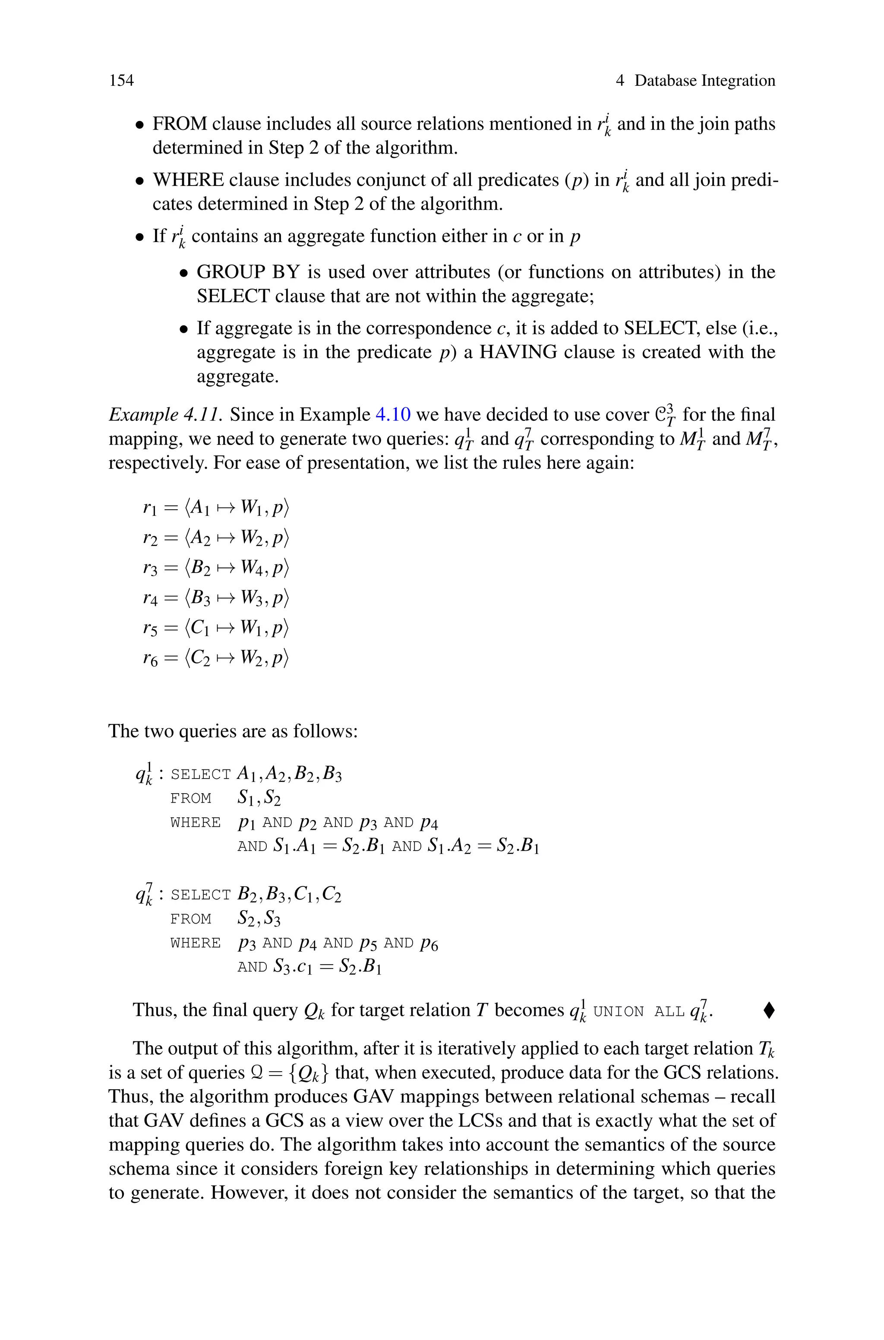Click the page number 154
(121, 81)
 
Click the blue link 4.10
(393, 415)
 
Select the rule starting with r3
(215, 568)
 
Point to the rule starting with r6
(215, 658)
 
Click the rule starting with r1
(215, 508)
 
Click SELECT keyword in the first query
(200, 775)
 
